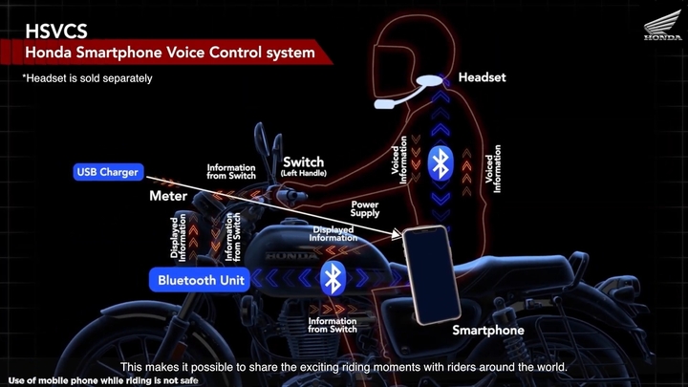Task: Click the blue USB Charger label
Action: pos(108,172)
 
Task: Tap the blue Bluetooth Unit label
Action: pos(200,280)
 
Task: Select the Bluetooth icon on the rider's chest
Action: pos(441,163)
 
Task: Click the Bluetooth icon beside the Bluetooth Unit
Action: pos(333,278)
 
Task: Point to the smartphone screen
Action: pos(432,274)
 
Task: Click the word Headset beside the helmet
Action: pos(482,77)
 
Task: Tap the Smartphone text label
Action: pos(488,330)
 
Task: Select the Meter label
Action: pos(168,196)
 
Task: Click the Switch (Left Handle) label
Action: pos(304,166)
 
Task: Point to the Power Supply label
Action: pos(365,209)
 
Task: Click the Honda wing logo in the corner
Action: pos(662,26)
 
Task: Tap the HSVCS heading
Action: pos(56,32)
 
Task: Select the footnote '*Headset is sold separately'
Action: pos(87,78)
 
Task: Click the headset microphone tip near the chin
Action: pos(383,104)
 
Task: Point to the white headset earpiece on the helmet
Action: pos(430,80)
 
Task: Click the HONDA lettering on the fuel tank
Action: pos(291,256)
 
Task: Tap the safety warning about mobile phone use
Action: pos(103,380)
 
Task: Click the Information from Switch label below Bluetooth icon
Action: pos(333,325)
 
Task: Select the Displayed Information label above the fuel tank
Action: pos(333,234)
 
